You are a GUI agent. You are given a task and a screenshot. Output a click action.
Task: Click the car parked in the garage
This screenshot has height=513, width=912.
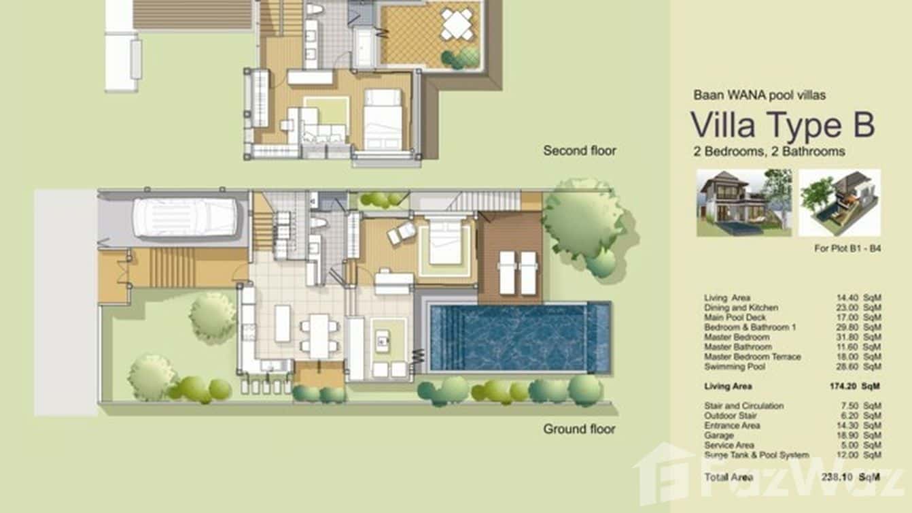[x=184, y=218]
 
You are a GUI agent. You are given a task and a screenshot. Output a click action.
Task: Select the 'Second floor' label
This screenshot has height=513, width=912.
[x=579, y=150]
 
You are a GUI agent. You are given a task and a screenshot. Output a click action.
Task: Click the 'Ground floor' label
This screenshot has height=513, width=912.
[x=579, y=429]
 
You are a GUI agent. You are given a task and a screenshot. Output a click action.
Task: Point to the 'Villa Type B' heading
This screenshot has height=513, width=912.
[x=782, y=125]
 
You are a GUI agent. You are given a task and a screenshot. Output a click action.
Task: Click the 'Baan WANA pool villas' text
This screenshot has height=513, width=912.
[x=759, y=95]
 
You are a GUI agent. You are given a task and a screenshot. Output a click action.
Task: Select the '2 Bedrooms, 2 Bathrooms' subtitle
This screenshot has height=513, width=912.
[x=769, y=151]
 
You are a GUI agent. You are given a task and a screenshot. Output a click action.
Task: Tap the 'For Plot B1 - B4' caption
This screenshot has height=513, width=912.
[x=847, y=248]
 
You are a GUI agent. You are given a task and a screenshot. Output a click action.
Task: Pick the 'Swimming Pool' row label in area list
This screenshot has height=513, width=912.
[x=735, y=367]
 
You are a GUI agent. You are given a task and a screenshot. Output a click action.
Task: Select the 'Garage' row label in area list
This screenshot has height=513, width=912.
[x=719, y=435]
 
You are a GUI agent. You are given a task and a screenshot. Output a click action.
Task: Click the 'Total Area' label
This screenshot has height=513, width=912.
[x=729, y=477]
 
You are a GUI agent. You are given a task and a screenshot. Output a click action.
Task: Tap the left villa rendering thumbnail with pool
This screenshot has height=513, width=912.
[x=744, y=202]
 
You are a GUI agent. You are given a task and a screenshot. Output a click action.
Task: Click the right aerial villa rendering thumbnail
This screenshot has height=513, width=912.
[x=839, y=202]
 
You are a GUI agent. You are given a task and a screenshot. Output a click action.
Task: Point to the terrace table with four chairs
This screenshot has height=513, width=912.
[x=457, y=25]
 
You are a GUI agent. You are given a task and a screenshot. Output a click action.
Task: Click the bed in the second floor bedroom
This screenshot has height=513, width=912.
[x=383, y=118]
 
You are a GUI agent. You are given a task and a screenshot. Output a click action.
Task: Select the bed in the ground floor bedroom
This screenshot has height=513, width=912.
[x=445, y=242]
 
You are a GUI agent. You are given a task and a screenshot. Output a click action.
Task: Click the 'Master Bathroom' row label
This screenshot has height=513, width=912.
[x=738, y=347]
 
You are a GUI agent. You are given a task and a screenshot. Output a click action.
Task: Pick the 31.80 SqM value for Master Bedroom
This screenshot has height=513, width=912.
[x=858, y=337]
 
